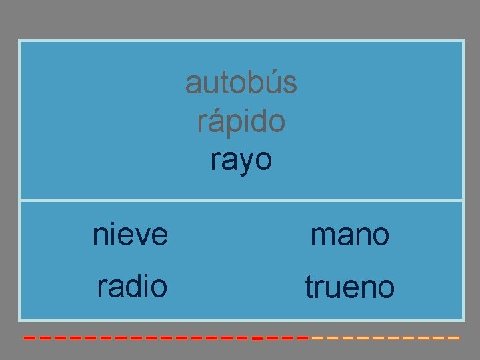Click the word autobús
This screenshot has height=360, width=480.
[241, 83]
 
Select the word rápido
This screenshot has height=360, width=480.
[241, 121]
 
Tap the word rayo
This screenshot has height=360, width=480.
[241, 160]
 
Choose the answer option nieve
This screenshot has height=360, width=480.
[130, 235]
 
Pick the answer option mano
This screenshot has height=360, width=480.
[349, 235]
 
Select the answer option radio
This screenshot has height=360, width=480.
[131, 287]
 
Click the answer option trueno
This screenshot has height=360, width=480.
[349, 288]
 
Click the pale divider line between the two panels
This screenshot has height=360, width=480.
[241, 200]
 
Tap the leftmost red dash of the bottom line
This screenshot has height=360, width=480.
[29, 338]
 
